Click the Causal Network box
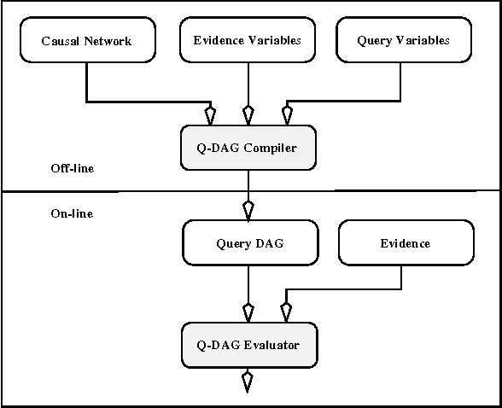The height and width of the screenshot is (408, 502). coord(86,40)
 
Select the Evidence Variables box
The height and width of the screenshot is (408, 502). coord(248,40)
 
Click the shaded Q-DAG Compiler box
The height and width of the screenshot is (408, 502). coord(248,149)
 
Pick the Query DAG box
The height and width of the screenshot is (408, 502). coord(248,243)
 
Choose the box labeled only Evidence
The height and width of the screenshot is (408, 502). coord(405,243)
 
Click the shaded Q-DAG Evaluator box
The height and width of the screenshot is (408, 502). coord(248,346)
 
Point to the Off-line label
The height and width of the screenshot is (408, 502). coord(72,168)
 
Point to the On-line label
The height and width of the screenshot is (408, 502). coord(72,213)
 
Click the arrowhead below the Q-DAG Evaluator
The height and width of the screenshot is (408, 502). coord(248,381)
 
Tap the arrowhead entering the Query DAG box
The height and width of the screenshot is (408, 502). coord(248,209)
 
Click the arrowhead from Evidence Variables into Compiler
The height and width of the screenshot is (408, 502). coord(248,114)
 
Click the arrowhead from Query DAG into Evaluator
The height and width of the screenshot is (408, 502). coord(248,311)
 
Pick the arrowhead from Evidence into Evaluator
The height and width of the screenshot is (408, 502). coord(285,311)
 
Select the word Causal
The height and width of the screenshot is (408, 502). coord(60,40)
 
